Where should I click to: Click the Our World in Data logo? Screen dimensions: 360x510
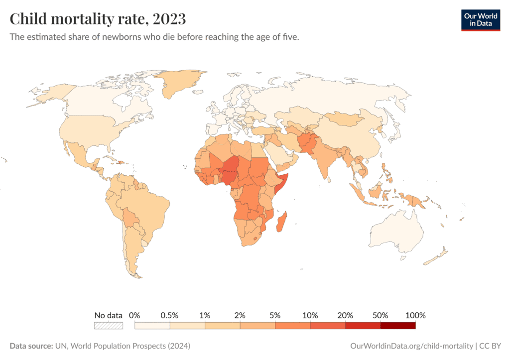[480, 19]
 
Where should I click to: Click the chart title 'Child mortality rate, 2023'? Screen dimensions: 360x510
[98, 19]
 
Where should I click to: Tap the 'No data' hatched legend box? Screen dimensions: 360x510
[109, 326]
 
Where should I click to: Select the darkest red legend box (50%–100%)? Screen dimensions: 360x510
[397, 326]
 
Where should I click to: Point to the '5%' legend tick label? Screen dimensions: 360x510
[275, 315]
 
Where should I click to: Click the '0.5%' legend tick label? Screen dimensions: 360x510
[170, 315]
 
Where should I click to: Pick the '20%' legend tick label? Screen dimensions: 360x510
[345, 315]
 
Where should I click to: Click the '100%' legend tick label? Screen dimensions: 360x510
[415, 315]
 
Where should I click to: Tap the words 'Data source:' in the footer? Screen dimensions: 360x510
[31, 346]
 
